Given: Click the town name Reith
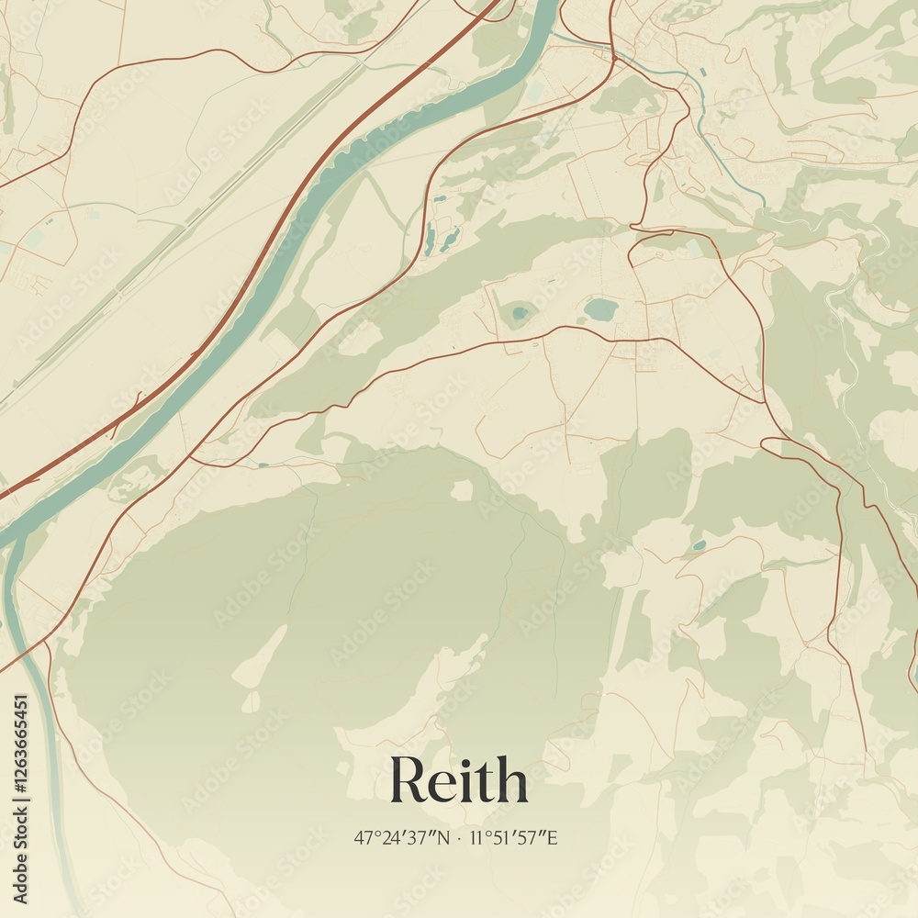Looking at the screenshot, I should [459, 781].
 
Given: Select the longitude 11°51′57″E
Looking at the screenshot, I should [514, 837].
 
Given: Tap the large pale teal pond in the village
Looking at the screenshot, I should [601, 309].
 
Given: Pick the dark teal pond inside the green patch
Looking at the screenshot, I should [521, 314].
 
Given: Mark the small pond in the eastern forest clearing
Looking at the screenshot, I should [700, 544].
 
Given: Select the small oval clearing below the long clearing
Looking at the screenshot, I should [251, 702].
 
